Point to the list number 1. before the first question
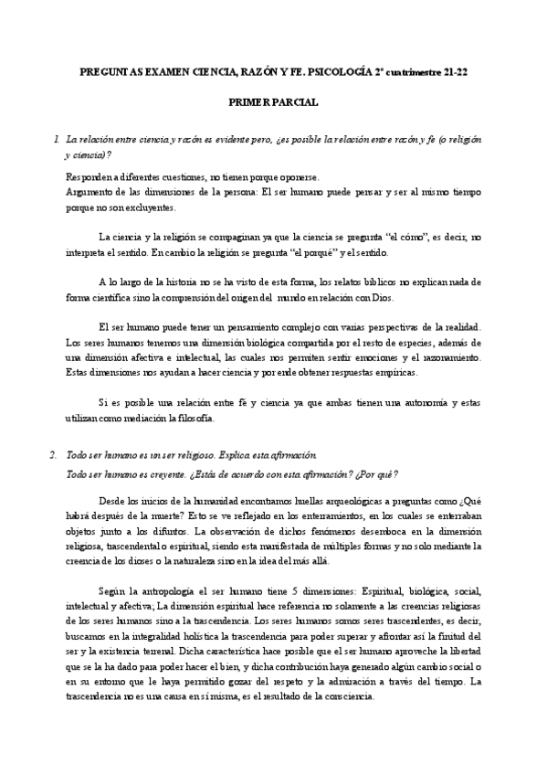pos(57,140)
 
